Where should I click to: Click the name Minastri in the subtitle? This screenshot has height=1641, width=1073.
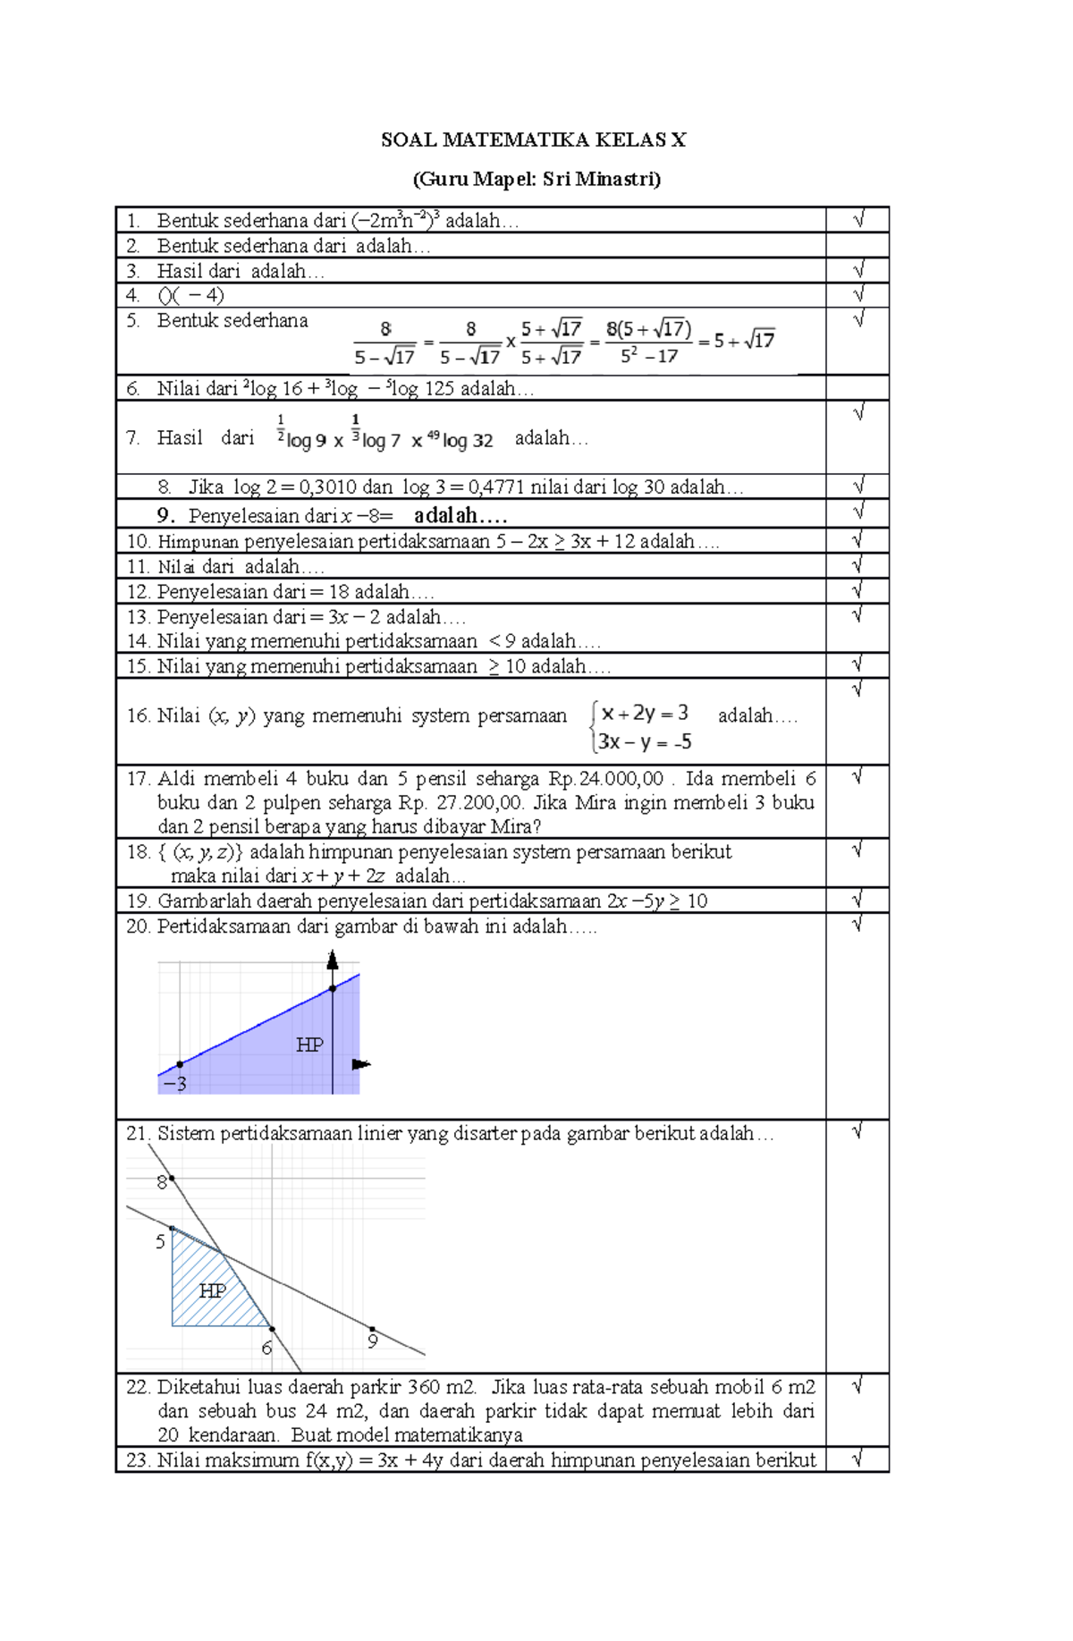click(x=617, y=179)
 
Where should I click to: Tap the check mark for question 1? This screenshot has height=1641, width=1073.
click(x=858, y=219)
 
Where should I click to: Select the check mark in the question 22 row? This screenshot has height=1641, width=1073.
click(x=858, y=1386)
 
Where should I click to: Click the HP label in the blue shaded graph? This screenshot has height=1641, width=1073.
click(x=309, y=1045)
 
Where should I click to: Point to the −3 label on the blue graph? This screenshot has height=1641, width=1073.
click(x=176, y=1085)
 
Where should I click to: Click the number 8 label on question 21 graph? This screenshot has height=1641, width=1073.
click(x=161, y=1182)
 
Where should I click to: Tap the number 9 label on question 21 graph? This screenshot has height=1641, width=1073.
click(x=373, y=1341)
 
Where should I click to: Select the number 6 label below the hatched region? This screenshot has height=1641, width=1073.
click(x=266, y=1348)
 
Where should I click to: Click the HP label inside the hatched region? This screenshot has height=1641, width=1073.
click(x=213, y=1290)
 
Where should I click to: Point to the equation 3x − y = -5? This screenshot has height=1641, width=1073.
click(x=645, y=742)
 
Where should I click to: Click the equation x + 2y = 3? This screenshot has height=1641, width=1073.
click(x=645, y=714)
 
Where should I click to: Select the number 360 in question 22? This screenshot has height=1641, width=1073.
click(x=424, y=1387)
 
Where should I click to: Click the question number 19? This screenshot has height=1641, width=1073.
click(x=138, y=901)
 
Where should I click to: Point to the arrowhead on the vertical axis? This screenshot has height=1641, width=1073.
click(x=333, y=960)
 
